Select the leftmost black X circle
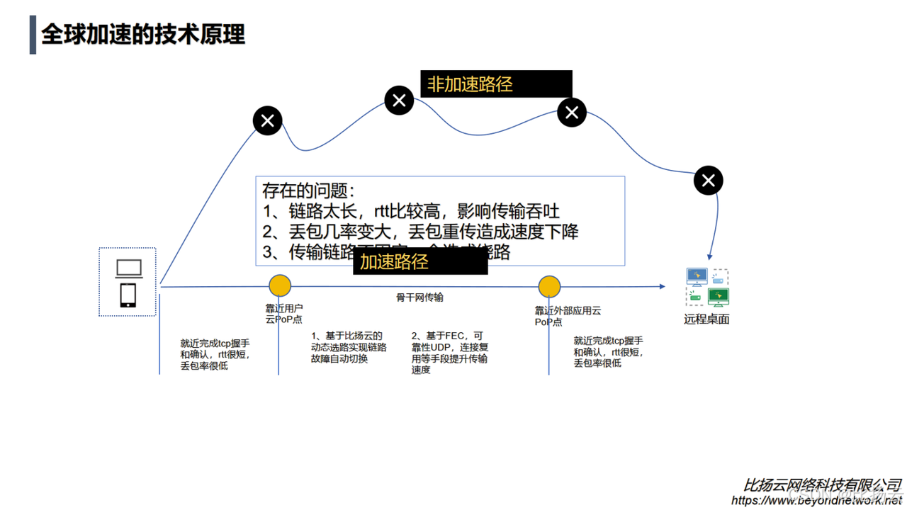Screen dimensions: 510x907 tap(268, 121)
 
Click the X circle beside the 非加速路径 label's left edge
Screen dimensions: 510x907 tap(399, 101)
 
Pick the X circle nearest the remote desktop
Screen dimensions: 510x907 tap(708, 181)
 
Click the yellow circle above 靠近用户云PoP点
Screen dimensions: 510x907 tap(280, 285)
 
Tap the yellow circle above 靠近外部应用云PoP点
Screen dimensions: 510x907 tap(549, 286)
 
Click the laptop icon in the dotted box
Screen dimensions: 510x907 tap(129, 269)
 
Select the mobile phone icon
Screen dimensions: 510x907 tap(128, 295)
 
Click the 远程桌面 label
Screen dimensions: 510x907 tap(706, 319)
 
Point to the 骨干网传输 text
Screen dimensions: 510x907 tap(419, 297)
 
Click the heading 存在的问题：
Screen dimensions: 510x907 tap(308, 191)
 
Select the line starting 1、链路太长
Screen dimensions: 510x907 tap(411, 211)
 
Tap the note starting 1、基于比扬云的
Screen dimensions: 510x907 tap(349, 347)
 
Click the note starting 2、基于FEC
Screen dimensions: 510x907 tap(450, 352)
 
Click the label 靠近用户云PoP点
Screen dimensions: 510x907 tap(284, 314)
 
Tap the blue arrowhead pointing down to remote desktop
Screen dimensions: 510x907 tap(709, 256)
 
